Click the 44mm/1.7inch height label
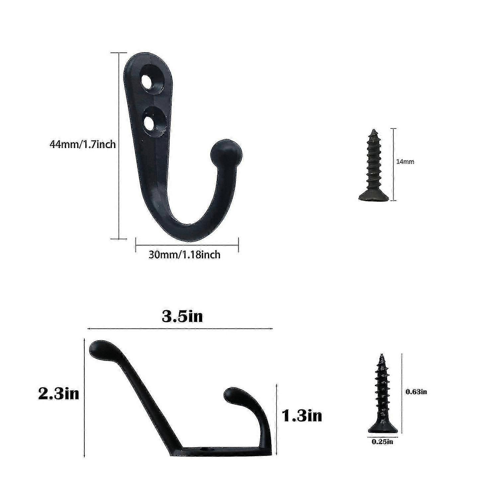point(82,144)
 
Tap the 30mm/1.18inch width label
point(185,255)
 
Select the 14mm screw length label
point(405,162)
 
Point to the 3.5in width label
point(182,316)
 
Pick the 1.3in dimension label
point(302,415)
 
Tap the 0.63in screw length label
point(417,392)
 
